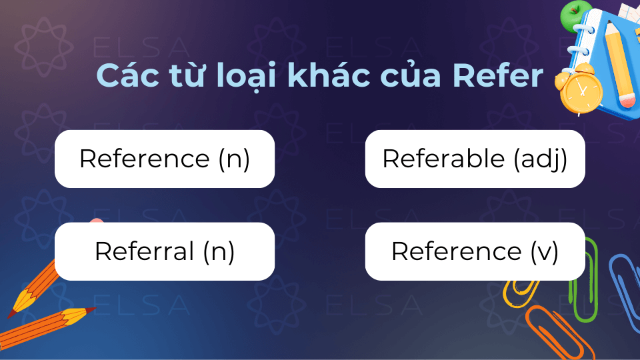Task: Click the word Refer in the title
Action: pos(498,75)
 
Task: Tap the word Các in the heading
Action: pos(128,75)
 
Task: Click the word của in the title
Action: pos(410,75)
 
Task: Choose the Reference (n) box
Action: pos(165,159)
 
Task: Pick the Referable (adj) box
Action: pos(475,159)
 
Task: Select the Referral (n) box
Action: pos(165,251)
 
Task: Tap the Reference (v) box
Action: pos(475,251)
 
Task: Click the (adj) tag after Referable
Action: pos(541,159)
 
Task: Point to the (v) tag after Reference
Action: pos(545,252)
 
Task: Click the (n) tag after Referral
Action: pos(219,252)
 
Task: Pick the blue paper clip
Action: pos(625,286)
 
